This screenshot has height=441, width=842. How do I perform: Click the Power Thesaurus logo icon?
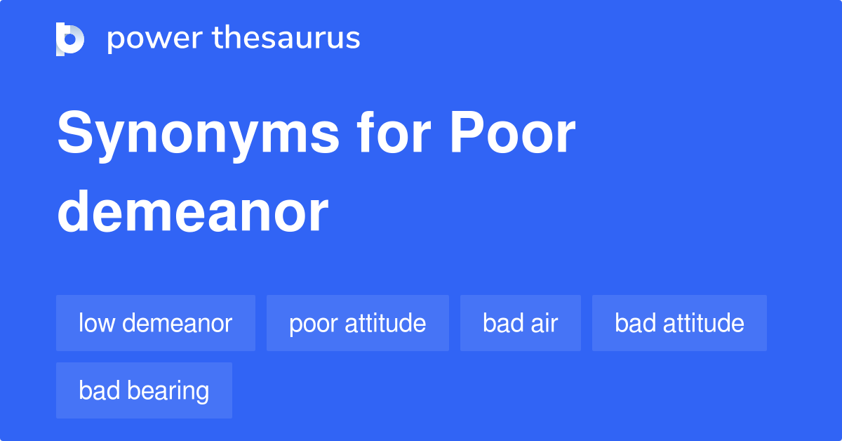70,39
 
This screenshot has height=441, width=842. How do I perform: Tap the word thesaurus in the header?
286,39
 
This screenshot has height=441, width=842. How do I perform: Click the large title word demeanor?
192,211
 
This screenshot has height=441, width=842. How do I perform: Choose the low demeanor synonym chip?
155,323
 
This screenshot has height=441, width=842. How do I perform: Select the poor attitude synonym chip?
357,323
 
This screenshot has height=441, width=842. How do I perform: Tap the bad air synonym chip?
520,323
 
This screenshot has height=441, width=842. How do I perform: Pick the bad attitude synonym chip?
679,323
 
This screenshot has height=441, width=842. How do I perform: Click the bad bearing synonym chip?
144,390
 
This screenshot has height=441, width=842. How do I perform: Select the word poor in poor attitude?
313,324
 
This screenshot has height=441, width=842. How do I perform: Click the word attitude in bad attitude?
704,323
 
